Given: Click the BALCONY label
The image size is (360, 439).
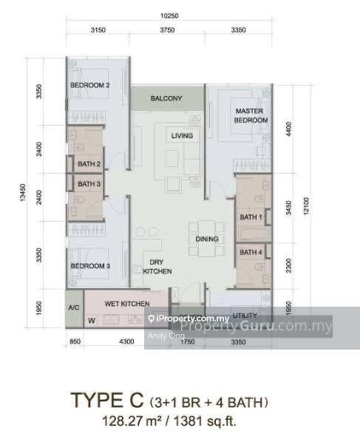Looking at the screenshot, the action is (x=166, y=98).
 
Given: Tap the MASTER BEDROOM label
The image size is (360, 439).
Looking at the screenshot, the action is (x=251, y=115).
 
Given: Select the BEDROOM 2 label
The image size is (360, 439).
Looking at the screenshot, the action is (x=90, y=85).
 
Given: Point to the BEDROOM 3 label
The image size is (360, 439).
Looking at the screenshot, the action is (x=90, y=266).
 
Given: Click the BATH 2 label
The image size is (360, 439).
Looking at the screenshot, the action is (x=89, y=164).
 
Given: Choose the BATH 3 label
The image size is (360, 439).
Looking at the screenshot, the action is (x=89, y=184).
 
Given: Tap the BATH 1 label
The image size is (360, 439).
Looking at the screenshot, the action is (x=251, y=217).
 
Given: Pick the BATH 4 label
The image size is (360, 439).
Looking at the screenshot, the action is (x=251, y=252).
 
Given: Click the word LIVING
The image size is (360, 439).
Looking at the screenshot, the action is (x=183, y=136).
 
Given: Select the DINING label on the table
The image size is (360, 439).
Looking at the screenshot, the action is (x=207, y=239).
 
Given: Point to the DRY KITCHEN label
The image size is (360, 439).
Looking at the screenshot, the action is (x=157, y=267).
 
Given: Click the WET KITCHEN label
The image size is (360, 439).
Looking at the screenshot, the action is (x=127, y=304).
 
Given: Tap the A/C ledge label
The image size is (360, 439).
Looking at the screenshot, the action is (x=74, y=307).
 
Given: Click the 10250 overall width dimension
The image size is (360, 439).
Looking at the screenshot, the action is (x=169, y=16).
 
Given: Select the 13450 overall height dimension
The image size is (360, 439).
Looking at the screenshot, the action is (x=23, y=192).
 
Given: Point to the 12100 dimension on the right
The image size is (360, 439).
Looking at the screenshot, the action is (x=306, y=206).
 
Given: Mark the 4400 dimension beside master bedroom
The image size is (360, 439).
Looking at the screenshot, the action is (x=288, y=129).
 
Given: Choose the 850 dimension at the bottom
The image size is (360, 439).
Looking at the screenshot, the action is (x=75, y=341).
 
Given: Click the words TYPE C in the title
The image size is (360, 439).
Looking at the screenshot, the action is (x=107, y=400).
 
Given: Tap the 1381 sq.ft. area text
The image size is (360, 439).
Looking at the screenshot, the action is (x=205, y=421).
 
